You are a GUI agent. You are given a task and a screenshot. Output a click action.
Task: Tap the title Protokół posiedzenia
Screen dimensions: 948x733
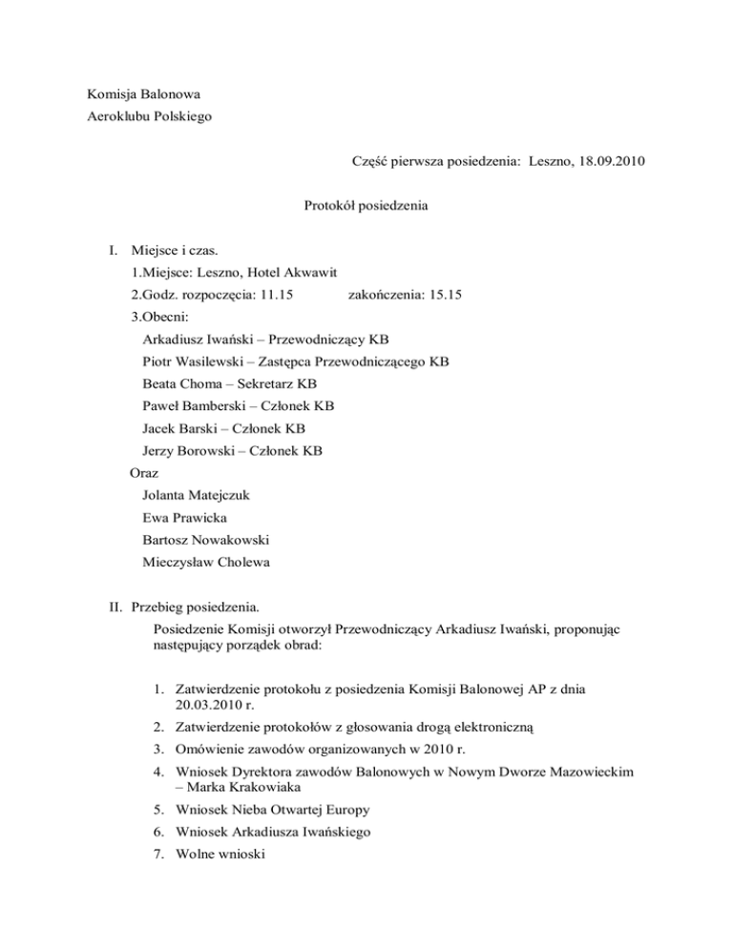click(x=366, y=205)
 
